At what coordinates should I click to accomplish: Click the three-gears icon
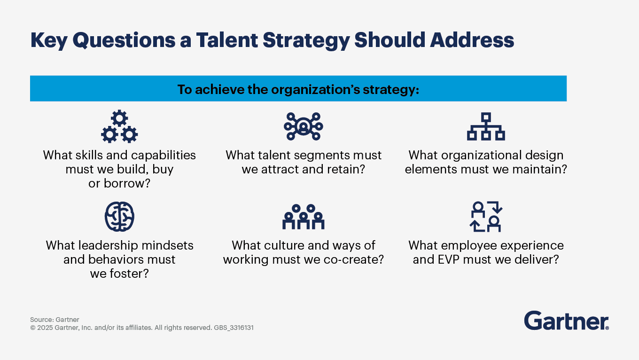click(119, 126)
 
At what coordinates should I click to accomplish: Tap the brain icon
click(119, 217)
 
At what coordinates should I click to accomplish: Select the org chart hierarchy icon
click(486, 126)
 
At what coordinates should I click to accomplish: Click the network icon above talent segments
click(303, 126)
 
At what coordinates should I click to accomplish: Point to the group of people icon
click(303, 217)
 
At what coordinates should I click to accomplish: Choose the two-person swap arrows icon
click(486, 217)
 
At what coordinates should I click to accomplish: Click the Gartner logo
click(566, 321)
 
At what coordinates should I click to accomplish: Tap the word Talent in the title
click(227, 40)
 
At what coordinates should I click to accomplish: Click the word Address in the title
click(472, 40)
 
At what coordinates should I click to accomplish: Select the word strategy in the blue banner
click(391, 89)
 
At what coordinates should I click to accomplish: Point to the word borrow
click(127, 183)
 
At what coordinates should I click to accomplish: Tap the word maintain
click(539, 169)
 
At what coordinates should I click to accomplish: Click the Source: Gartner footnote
click(55, 320)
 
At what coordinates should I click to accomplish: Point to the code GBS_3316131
click(234, 328)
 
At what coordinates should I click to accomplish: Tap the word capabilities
click(164, 156)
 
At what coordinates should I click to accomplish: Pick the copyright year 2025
click(45, 328)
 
